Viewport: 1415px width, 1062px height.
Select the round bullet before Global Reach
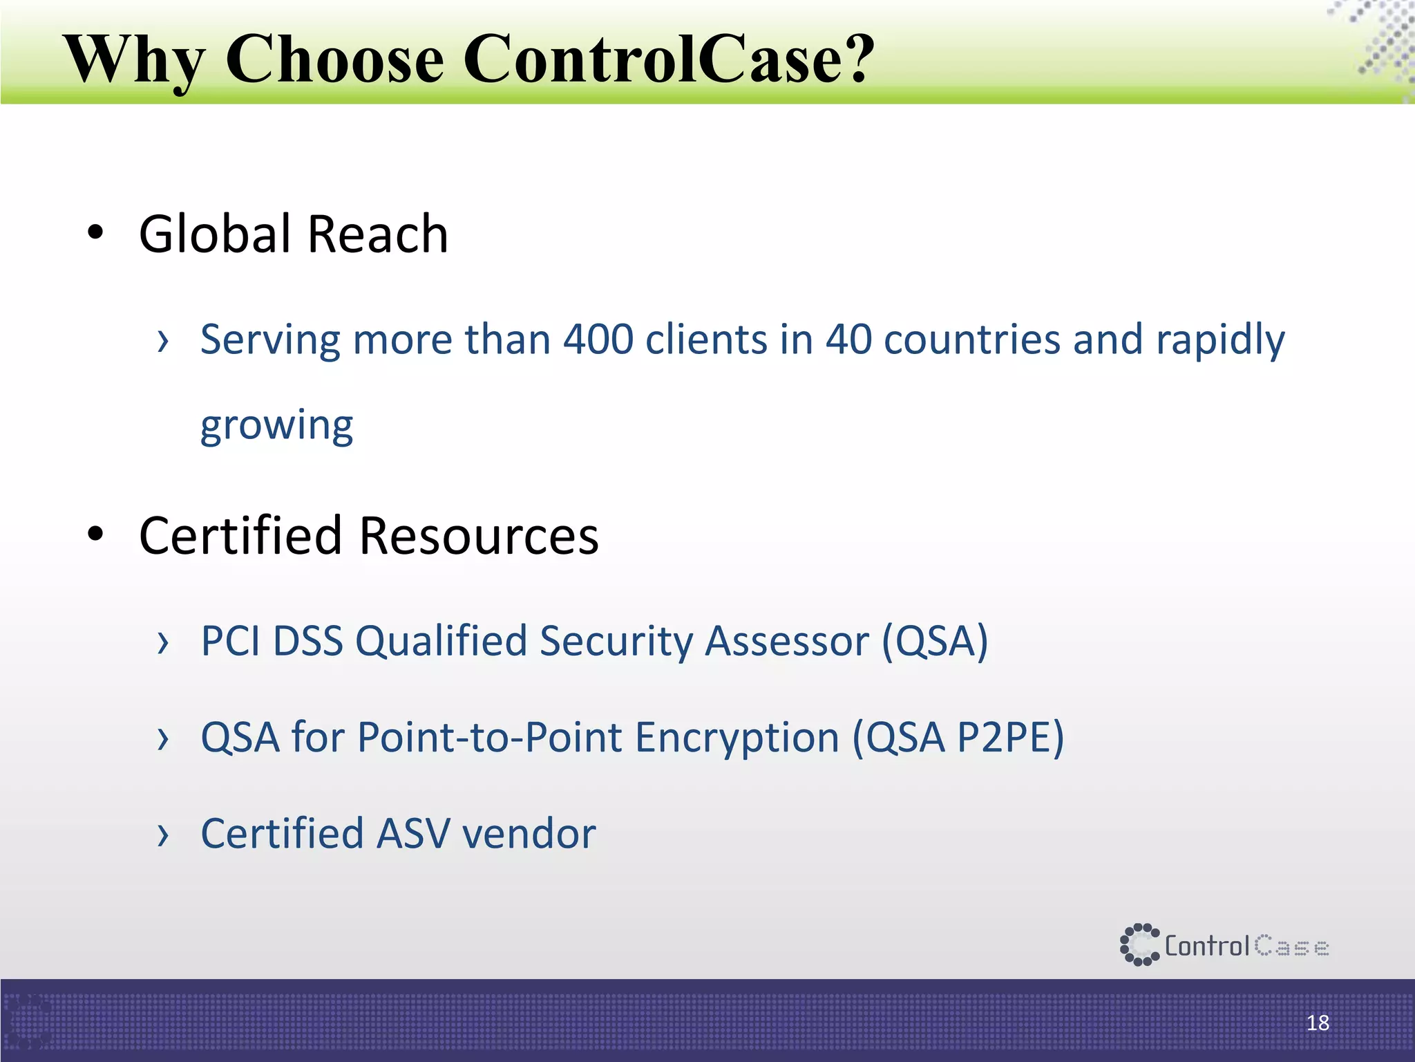coord(95,233)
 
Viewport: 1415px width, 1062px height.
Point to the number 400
coord(598,339)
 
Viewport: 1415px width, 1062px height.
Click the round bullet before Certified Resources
coord(95,534)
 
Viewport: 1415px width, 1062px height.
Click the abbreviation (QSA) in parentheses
coord(935,642)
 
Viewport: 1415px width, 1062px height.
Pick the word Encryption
coord(737,738)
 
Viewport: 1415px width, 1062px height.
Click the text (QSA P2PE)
coord(958,738)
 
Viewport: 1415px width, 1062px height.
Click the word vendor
coord(529,833)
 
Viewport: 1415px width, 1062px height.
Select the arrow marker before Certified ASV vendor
coord(163,835)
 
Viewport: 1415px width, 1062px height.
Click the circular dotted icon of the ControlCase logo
coord(1139,944)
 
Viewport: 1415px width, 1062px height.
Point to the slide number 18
coord(1318,1023)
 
